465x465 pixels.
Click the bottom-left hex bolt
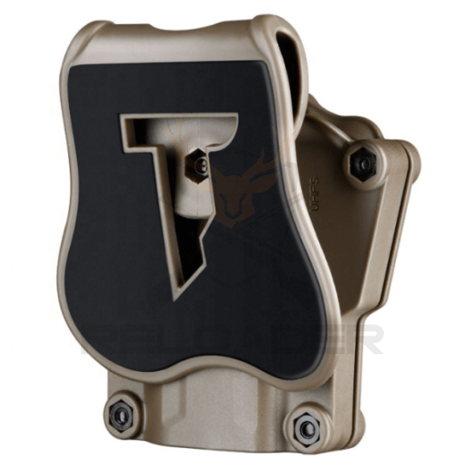pos(116,412)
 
